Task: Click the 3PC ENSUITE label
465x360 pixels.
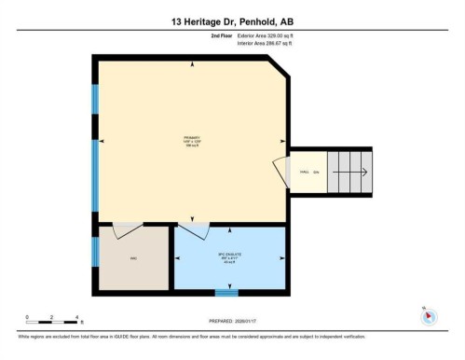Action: point(228,255)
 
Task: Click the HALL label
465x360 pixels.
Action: point(304,173)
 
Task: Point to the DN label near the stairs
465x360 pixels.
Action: point(317,173)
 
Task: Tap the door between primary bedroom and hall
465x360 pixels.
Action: point(280,172)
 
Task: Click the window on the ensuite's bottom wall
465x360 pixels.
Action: point(226,292)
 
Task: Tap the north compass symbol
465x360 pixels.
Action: point(428,315)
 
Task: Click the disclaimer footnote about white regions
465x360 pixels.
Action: point(191,337)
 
